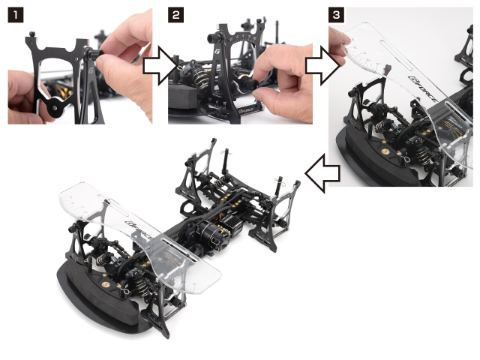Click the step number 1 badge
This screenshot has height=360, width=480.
tap(14, 14)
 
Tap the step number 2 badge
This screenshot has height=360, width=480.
tap(175, 14)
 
